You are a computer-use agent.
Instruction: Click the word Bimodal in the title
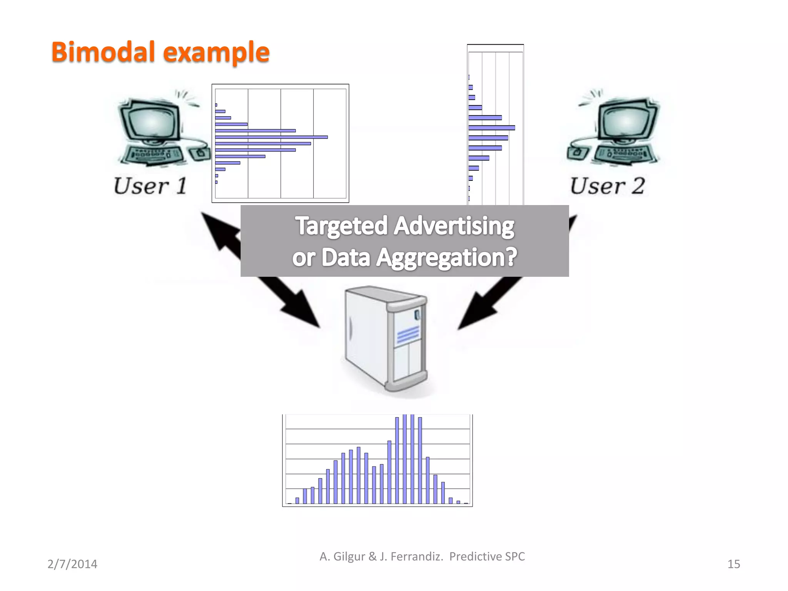(103, 52)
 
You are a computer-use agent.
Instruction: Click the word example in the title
(216, 53)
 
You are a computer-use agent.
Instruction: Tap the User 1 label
(150, 186)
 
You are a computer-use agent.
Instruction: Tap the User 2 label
(607, 186)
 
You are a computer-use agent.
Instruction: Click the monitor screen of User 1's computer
(151, 121)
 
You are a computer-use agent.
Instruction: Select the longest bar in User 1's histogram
(271, 137)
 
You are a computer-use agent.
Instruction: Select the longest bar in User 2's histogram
(491, 128)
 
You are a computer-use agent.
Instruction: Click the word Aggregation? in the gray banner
(446, 257)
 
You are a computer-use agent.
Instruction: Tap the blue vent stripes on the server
(408, 334)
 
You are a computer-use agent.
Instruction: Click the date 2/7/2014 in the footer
(72, 564)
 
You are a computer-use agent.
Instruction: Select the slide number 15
(733, 564)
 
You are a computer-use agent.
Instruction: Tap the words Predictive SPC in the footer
(487, 556)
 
